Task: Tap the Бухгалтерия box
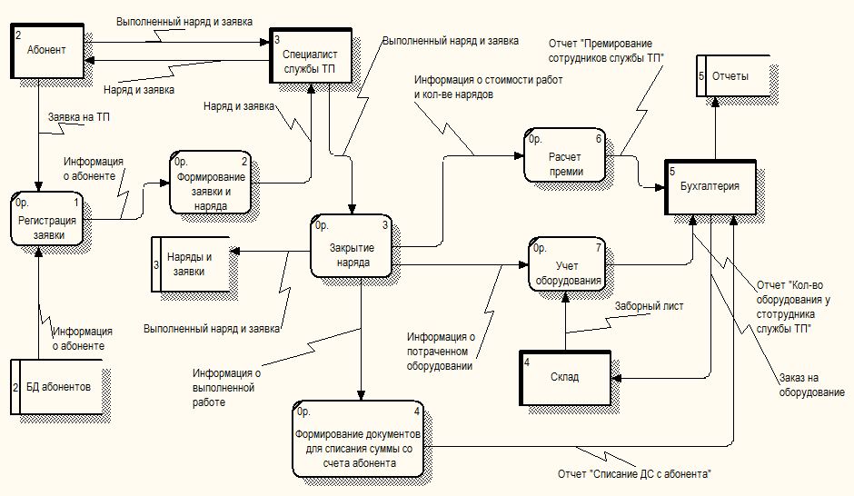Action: click(710, 187)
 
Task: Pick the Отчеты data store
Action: click(731, 77)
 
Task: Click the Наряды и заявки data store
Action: click(190, 263)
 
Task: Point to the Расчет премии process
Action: click(565, 156)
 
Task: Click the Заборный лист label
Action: click(650, 306)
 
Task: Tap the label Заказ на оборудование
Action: click(811, 385)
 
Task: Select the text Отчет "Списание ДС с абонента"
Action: click(634, 474)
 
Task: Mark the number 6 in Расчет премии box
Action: click(599, 139)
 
